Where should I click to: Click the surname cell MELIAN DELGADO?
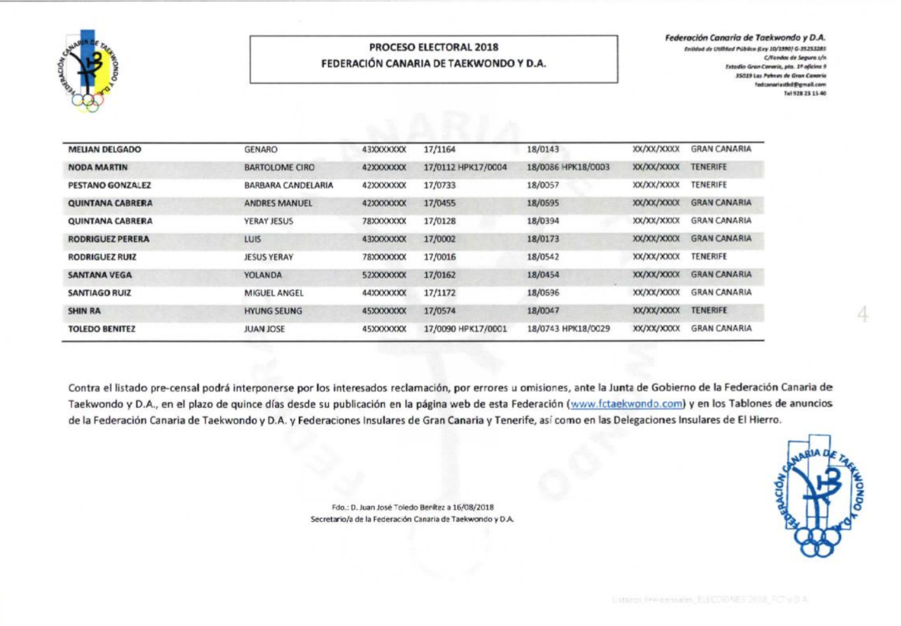[x=105, y=150]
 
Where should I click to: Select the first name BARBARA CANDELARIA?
[x=289, y=186]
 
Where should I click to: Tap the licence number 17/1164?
[x=440, y=150]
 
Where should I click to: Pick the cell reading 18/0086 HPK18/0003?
[x=568, y=167]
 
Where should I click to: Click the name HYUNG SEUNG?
[x=273, y=311]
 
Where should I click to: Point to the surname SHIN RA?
[x=84, y=311]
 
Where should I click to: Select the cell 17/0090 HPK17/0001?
[x=465, y=329]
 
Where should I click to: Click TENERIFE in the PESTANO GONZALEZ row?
[x=709, y=185]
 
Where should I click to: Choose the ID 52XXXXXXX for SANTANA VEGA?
[x=384, y=275]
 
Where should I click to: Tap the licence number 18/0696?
[x=543, y=293]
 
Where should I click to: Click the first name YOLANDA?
[x=263, y=275]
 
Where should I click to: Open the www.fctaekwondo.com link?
[x=626, y=404]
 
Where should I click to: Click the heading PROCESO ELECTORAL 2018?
[x=433, y=47]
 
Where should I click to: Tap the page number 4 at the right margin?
[x=862, y=314]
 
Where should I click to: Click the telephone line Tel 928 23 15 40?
[x=805, y=93]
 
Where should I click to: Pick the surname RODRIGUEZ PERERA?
[x=109, y=240]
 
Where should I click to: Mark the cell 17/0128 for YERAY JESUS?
[x=440, y=221]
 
